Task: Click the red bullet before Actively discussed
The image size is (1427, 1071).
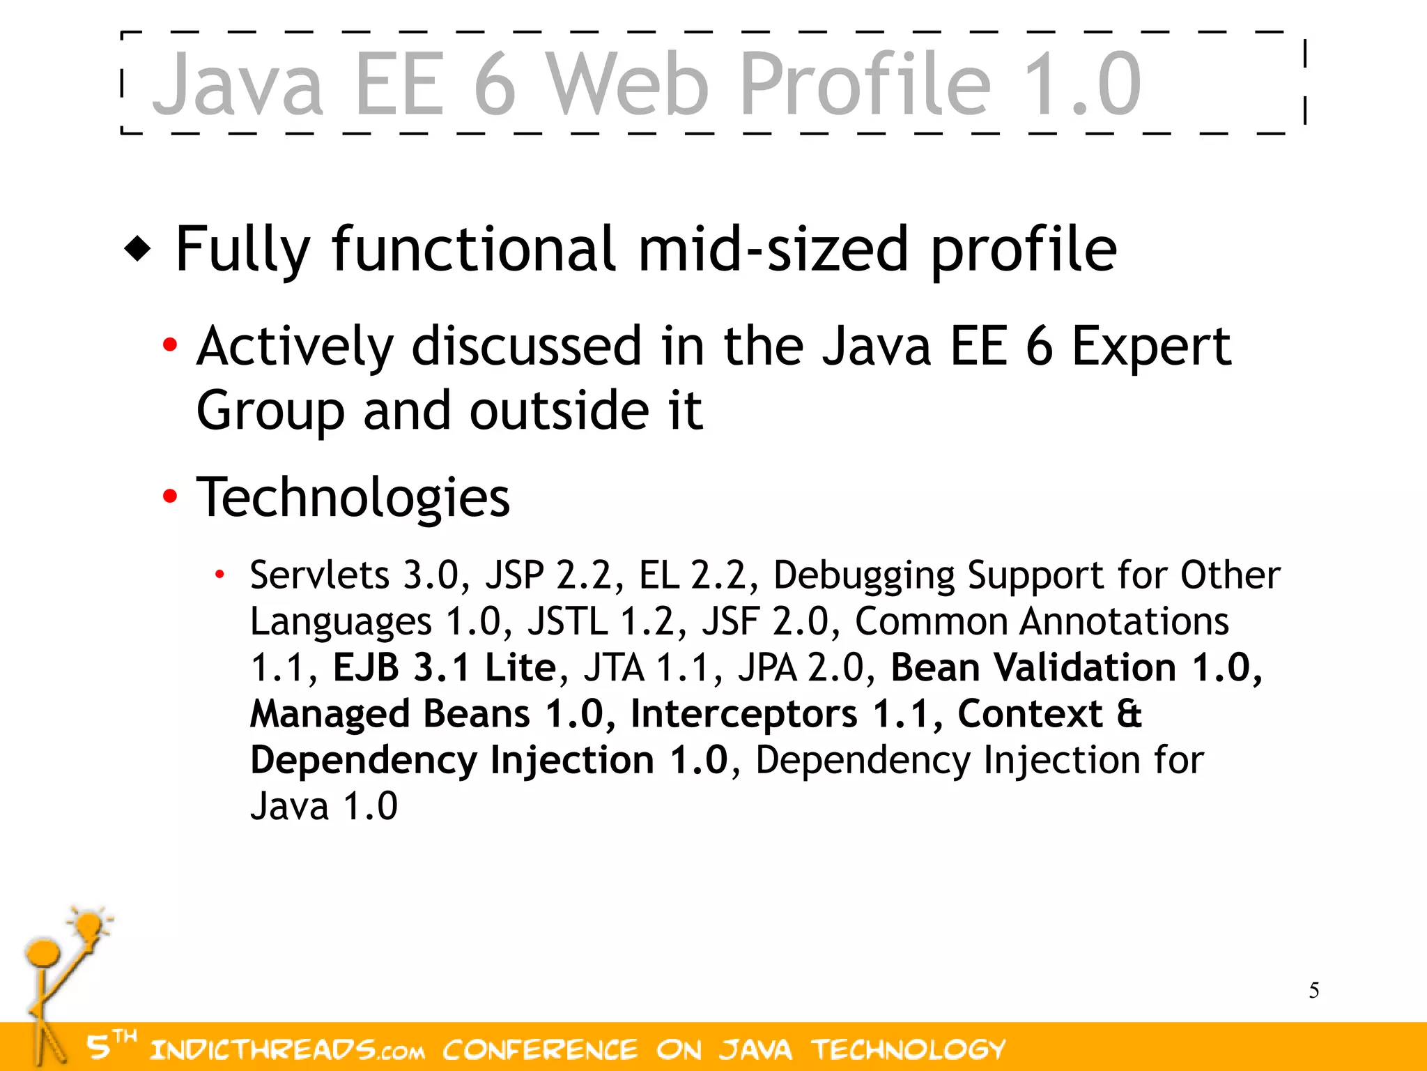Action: click(169, 344)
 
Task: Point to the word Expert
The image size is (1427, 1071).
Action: click(1151, 347)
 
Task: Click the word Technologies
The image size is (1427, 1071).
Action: click(353, 497)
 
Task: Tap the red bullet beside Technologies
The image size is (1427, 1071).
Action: click(169, 496)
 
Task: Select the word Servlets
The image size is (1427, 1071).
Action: click(320, 575)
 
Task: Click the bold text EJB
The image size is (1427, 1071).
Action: click(366, 667)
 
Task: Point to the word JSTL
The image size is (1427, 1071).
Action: click(567, 621)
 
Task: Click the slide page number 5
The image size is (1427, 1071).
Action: click(1313, 990)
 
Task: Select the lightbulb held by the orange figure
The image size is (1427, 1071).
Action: click(90, 927)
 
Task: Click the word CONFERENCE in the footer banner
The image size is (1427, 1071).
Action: click(540, 1049)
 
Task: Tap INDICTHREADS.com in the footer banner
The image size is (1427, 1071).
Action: click(287, 1049)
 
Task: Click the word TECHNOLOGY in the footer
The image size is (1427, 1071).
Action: click(909, 1049)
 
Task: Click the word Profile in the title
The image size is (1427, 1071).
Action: click(865, 85)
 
